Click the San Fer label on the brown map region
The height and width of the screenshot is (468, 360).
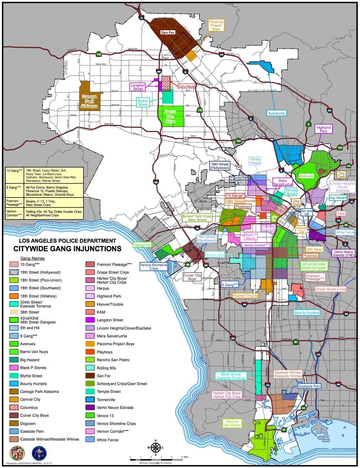(x=166, y=32)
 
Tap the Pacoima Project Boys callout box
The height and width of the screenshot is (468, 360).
(x=216, y=25)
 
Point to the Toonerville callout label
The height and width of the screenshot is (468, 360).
(x=277, y=113)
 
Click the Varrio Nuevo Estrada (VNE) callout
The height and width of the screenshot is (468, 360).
(x=343, y=253)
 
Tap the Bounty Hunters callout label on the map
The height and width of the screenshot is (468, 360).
(x=306, y=313)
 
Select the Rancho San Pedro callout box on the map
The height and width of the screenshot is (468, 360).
(x=232, y=423)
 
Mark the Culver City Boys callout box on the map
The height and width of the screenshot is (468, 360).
(x=192, y=277)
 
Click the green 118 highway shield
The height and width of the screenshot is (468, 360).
(x=99, y=54)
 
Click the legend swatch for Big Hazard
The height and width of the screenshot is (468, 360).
(x=14, y=360)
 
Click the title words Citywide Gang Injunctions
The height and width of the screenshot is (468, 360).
(x=67, y=248)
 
